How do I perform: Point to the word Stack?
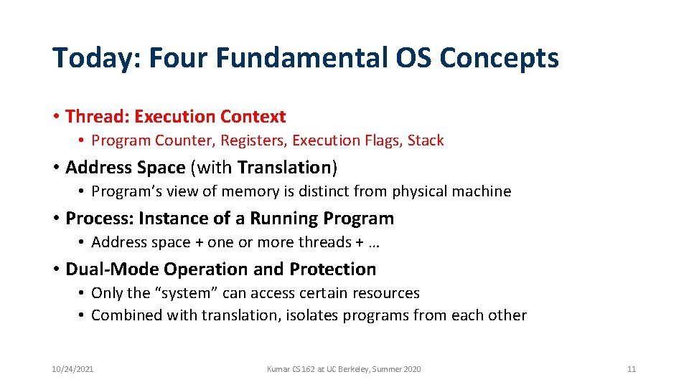click(426, 140)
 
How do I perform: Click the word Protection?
click(332, 269)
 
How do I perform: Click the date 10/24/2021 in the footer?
click(72, 369)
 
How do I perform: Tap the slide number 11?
click(632, 369)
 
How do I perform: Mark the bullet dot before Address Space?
click(56, 168)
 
